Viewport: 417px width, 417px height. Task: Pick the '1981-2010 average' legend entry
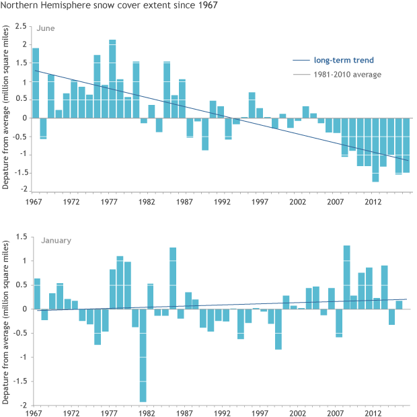[x=347, y=74]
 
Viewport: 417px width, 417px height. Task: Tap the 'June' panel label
[x=46, y=29]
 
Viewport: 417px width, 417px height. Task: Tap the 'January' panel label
[x=50, y=239]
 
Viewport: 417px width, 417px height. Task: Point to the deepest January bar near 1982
[x=143, y=355]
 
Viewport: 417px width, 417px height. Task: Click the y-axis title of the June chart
[x=6, y=108]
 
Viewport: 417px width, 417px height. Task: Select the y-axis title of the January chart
[x=6, y=321]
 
